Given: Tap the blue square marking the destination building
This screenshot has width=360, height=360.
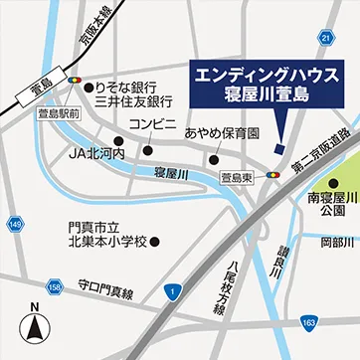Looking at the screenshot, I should pyautogui.click(x=278, y=149).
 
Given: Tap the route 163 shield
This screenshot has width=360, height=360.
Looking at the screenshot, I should pyautogui.click(x=308, y=322).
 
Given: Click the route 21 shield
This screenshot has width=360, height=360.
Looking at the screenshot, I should pyautogui.click(x=324, y=37).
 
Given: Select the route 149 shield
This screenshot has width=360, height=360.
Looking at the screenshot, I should pyautogui.click(x=14, y=227).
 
